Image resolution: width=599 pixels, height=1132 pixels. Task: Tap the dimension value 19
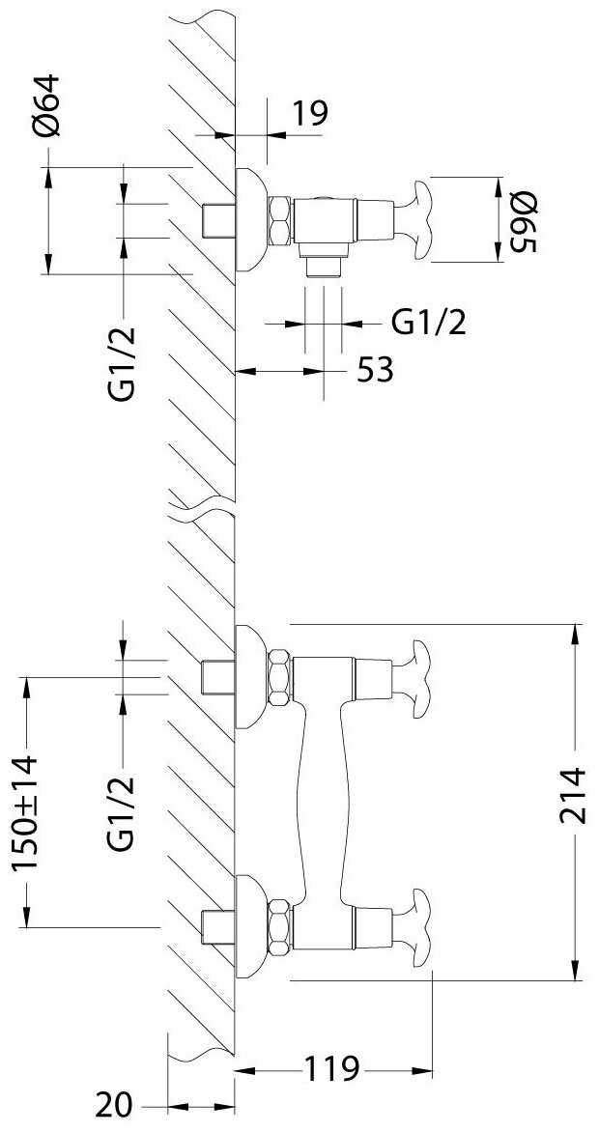[x=310, y=113]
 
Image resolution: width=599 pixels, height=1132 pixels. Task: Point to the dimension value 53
[x=375, y=371]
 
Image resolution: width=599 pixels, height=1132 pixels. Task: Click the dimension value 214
[x=575, y=796]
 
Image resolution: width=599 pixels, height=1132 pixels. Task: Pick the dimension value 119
[x=330, y=1068]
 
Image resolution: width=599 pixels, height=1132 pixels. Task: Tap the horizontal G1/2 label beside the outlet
[x=428, y=324]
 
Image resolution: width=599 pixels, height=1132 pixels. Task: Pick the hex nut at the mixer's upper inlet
[x=279, y=678]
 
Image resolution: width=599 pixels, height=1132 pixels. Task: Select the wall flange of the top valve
[x=250, y=220]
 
